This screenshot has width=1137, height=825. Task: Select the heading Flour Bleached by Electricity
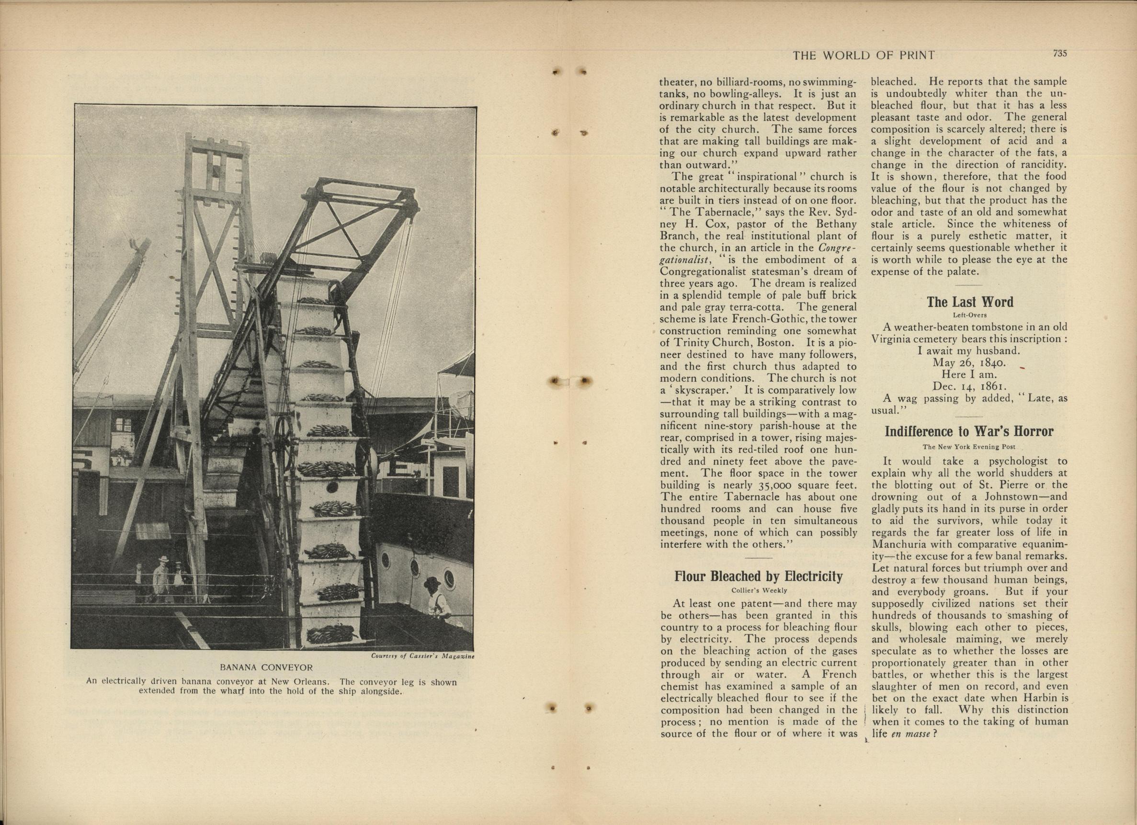758,576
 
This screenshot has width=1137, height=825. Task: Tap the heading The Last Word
969,302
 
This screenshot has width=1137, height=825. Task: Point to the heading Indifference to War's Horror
969,431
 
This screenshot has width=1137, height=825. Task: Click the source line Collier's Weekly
758,590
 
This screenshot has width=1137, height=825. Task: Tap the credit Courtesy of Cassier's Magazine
422,656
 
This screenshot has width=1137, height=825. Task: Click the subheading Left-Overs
969,315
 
